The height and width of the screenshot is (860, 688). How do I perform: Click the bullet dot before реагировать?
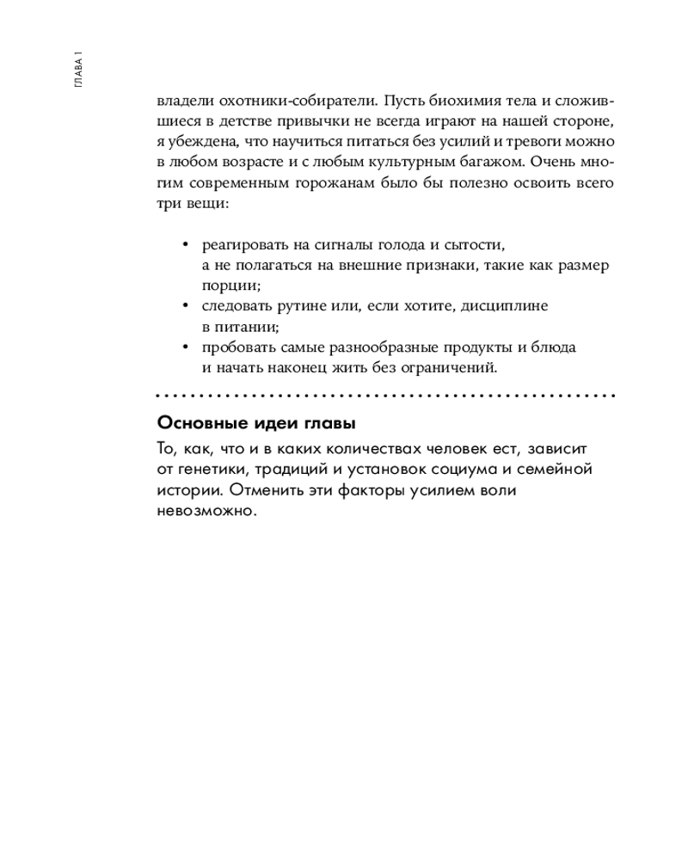click(185, 244)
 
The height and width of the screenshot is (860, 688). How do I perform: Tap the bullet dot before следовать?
click(185, 306)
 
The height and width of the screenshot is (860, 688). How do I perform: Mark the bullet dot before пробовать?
click(185, 348)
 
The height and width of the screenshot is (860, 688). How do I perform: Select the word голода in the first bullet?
click(390, 244)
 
